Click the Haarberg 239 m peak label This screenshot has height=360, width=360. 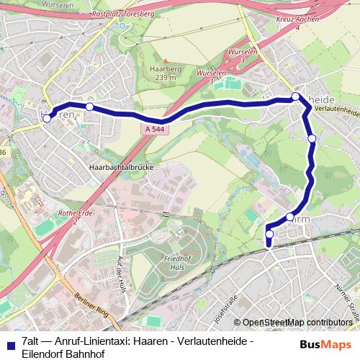(x=163, y=73)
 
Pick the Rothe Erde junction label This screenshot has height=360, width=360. (x=73, y=215)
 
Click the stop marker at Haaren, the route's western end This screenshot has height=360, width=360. (x=47, y=119)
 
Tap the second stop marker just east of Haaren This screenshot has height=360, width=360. (x=89, y=107)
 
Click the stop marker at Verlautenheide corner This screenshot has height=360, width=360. (x=295, y=96)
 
